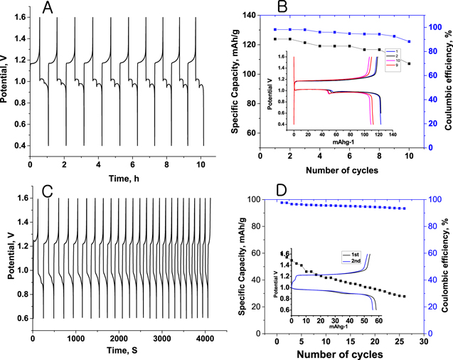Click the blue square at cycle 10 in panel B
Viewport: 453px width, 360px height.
tap(409, 41)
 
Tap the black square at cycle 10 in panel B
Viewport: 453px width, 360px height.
tap(409, 63)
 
